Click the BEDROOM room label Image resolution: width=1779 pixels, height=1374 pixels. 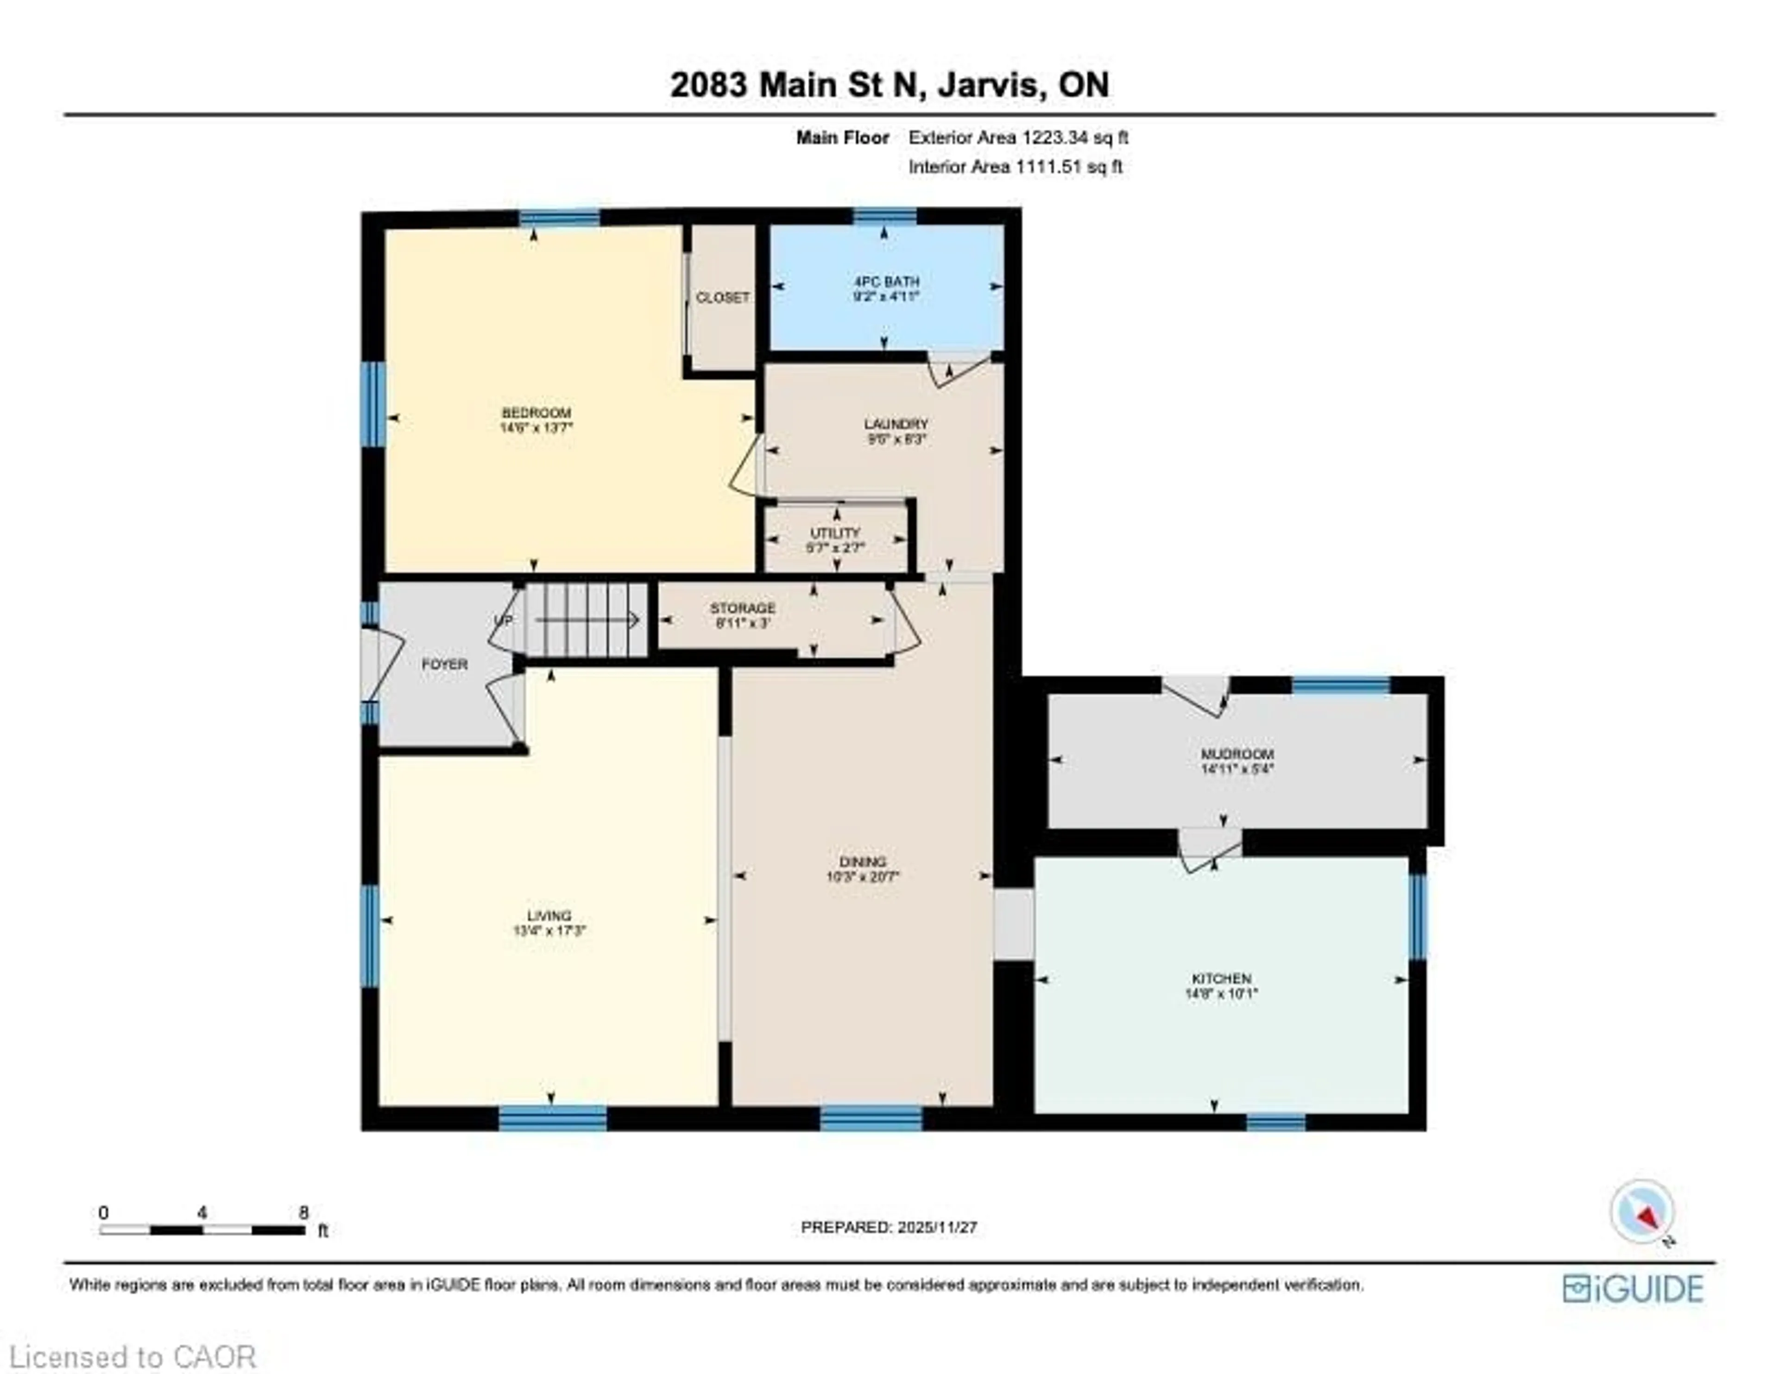536,412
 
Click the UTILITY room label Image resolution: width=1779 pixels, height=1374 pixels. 835,533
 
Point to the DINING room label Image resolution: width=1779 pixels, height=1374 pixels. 863,862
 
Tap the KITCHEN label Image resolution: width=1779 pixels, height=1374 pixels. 1221,978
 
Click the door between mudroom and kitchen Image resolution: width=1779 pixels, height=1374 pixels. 1211,849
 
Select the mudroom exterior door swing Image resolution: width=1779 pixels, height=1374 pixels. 1196,695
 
